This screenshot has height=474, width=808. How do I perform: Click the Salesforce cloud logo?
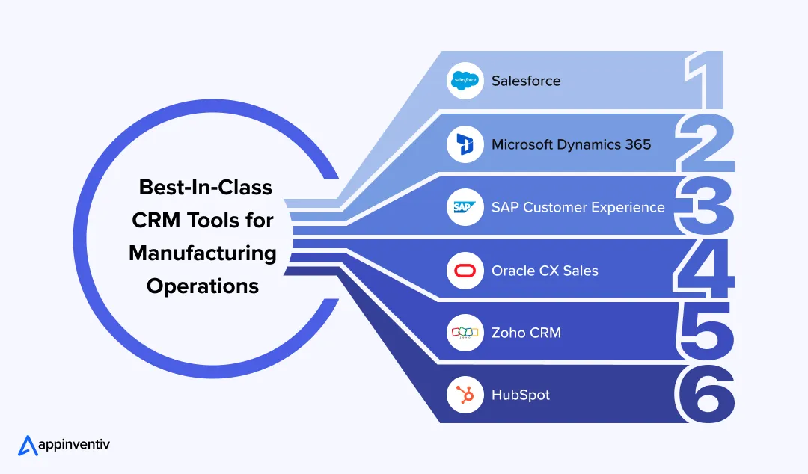click(465, 81)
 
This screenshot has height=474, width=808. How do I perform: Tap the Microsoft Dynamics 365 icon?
click(465, 144)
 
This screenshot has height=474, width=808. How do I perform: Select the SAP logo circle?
click(465, 207)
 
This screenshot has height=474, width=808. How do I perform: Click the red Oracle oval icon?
click(465, 271)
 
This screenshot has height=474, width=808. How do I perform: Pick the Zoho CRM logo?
click(465, 333)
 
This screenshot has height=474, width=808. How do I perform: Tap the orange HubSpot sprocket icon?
click(465, 395)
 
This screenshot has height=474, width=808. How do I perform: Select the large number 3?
click(703, 206)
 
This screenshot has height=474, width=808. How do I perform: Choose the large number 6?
click(703, 395)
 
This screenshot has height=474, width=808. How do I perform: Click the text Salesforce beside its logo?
click(525, 81)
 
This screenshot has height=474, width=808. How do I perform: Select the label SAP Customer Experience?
click(578, 207)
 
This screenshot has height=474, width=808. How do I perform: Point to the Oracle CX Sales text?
click(545, 271)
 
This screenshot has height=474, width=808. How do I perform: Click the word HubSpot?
click(520, 395)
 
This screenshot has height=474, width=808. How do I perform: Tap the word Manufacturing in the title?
click(203, 253)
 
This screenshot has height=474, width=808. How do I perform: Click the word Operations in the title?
click(203, 286)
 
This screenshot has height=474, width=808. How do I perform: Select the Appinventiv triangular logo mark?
click(28, 445)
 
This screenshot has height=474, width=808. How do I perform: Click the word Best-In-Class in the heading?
click(206, 187)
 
